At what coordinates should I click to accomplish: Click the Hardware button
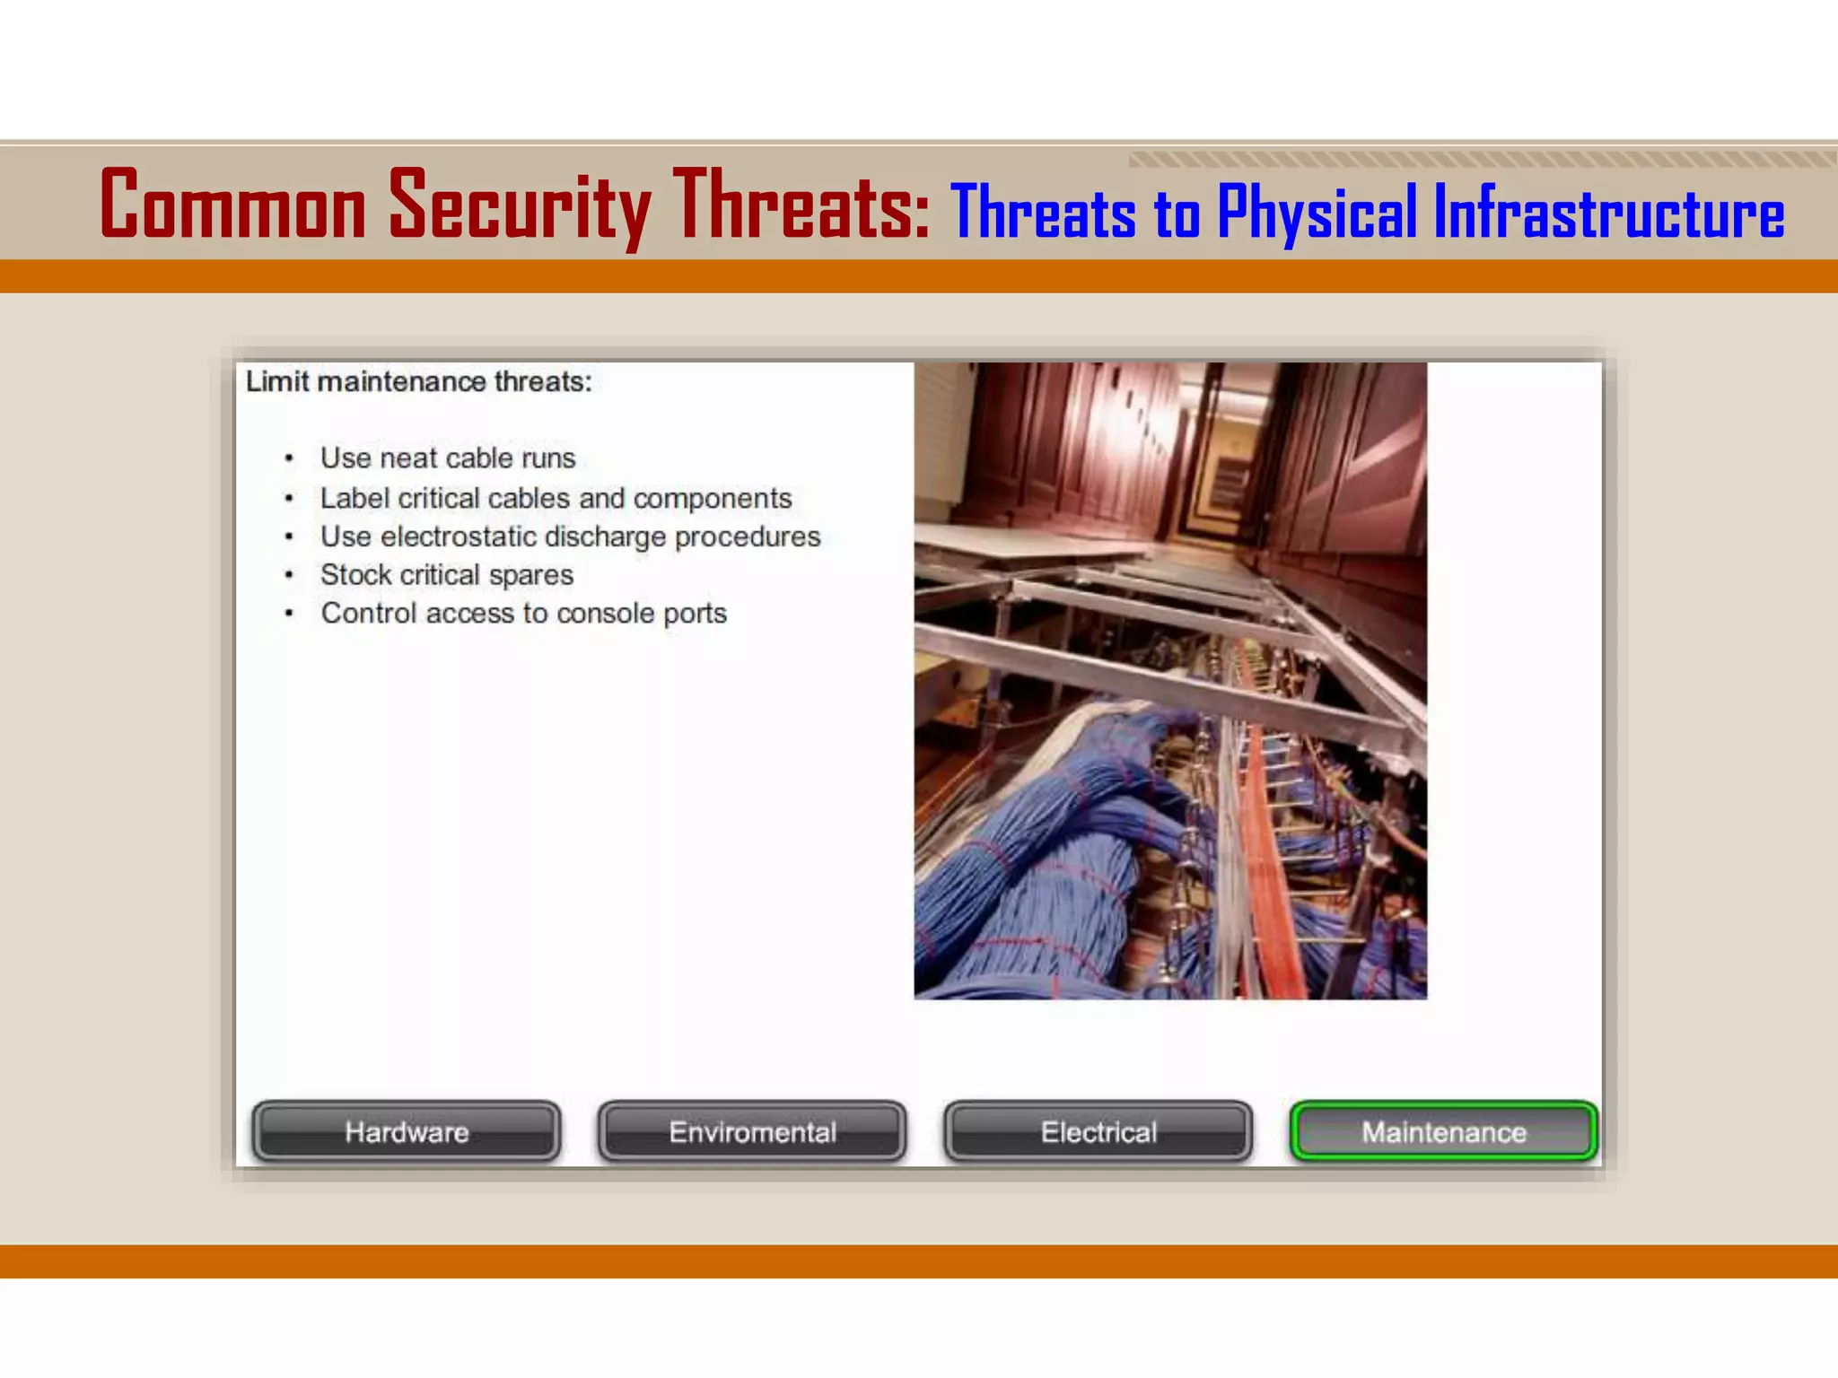tap(407, 1131)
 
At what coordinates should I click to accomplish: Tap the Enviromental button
tap(752, 1131)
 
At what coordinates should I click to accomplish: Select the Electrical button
tap(1098, 1131)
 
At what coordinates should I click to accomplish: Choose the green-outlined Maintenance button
tap(1444, 1131)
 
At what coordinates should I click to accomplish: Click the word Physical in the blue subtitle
tap(1317, 214)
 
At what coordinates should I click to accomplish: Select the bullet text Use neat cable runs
tap(448, 458)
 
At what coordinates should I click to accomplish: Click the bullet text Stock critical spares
tap(447, 575)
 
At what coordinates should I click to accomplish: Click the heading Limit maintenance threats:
tap(419, 382)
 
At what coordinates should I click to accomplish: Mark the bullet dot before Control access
tap(289, 614)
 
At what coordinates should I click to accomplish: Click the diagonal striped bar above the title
tap(1481, 160)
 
